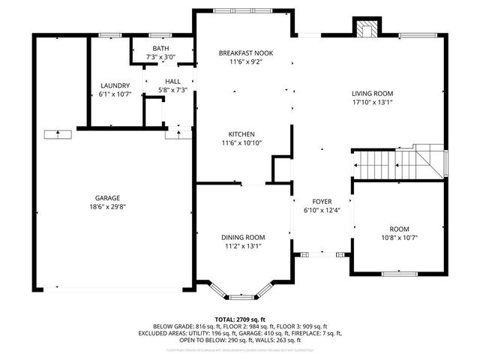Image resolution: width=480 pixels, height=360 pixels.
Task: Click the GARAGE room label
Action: (107, 198)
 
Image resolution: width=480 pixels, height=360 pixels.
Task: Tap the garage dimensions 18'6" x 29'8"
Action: (107, 207)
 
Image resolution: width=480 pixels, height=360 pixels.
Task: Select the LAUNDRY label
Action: (115, 85)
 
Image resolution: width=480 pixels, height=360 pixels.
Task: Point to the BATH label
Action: (161, 48)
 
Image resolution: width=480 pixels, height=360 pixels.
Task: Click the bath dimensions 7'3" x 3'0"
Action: (161, 57)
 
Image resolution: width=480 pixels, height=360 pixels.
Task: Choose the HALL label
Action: (173, 81)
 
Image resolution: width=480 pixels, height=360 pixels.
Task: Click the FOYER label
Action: (322, 202)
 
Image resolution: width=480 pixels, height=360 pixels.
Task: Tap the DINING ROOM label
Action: (241, 235)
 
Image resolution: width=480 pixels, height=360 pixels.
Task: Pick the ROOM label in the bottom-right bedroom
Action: (399, 229)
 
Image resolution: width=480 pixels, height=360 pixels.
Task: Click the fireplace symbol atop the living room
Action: (367, 29)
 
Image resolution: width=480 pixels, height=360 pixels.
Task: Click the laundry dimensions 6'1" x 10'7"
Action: (115, 94)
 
